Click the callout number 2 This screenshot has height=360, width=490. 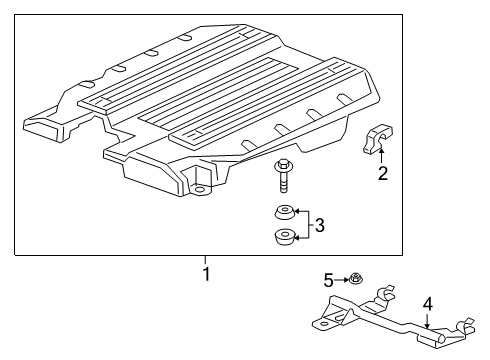(x=382, y=175)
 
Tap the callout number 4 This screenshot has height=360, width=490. (x=427, y=302)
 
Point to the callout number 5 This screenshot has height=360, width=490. (x=328, y=279)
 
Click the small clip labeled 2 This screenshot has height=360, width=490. (x=377, y=141)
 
